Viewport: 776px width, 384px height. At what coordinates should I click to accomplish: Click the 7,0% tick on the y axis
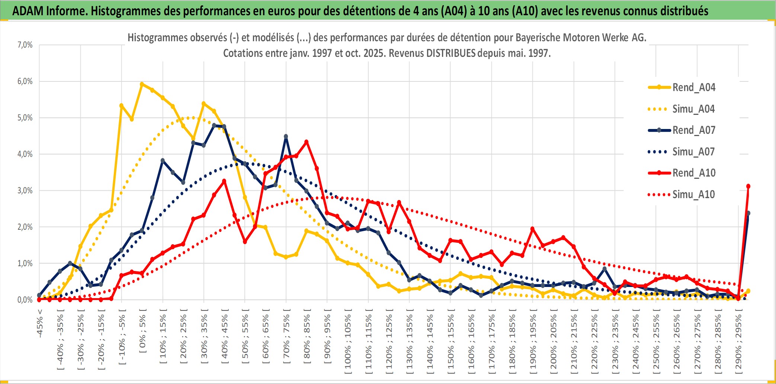(25, 45)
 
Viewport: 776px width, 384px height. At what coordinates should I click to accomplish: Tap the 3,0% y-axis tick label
(25, 191)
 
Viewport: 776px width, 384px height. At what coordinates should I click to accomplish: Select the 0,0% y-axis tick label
(25, 300)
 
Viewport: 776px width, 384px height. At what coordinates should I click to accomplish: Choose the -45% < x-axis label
(40, 323)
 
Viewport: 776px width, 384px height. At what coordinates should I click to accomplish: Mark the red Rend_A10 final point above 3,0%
(748, 186)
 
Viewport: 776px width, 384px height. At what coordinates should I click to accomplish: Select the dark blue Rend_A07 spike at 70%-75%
(286, 136)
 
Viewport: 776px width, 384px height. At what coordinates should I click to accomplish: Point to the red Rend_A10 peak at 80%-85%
(306, 142)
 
